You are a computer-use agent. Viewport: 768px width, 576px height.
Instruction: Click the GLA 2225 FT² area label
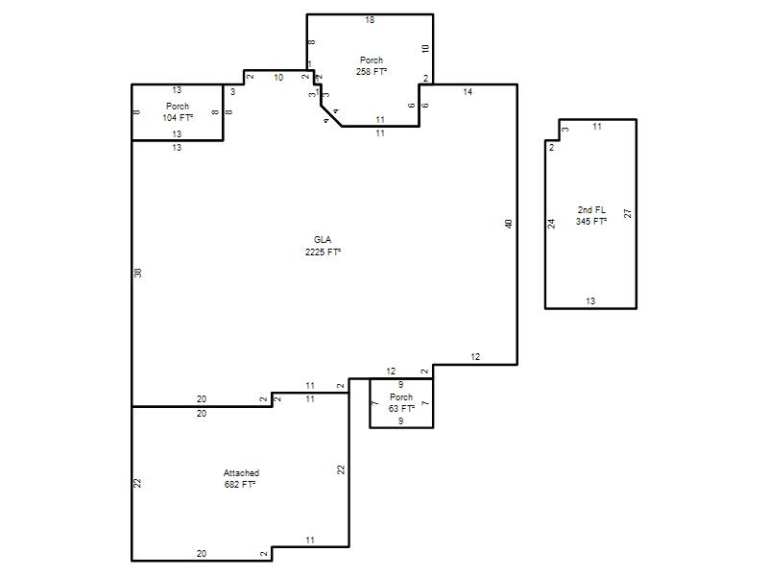coord(323,246)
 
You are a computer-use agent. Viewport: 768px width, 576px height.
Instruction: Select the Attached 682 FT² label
coord(241,478)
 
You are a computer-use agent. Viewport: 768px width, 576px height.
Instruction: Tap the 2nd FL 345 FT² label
coord(591,215)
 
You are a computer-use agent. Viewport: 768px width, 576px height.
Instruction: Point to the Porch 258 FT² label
coord(372,65)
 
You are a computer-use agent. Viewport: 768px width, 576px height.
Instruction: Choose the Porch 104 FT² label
coord(178,111)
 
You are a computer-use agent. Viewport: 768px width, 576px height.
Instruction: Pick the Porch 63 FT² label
coord(401,402)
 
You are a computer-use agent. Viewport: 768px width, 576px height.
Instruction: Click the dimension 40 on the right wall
coord(509,224)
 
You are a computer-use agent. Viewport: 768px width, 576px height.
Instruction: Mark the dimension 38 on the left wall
coord(137,273)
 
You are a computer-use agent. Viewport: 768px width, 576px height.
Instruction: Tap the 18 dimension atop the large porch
coord(370,20)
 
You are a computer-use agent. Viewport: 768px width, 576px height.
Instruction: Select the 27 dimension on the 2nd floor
coord(628,213)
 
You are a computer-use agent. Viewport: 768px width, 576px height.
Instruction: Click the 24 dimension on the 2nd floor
coord(551,224)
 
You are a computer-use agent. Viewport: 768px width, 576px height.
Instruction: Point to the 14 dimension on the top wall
coord(468,91)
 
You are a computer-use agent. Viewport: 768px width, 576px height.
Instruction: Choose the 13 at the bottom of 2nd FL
coord(590,301)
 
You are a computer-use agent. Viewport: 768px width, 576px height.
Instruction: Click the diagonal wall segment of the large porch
coord(331,115)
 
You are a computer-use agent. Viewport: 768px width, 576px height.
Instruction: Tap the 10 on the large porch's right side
coord(425,49)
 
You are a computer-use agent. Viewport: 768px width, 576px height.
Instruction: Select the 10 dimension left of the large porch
coord(278,78)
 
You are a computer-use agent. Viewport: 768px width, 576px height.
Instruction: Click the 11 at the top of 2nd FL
coord(597,127)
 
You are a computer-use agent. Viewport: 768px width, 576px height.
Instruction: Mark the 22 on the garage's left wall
coord(137,483)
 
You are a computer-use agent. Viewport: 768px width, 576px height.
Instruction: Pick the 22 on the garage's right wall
coord(341,469)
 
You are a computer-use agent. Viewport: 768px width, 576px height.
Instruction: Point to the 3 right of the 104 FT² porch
coord(232,91)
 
